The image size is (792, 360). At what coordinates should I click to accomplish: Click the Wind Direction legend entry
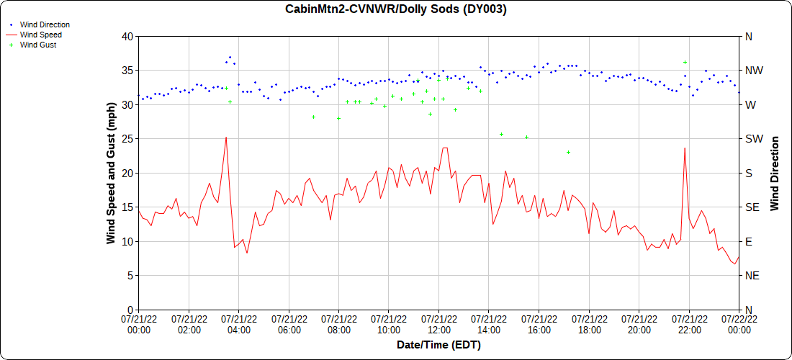click(45, 24)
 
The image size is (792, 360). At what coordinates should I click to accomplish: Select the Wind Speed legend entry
click(40, 35)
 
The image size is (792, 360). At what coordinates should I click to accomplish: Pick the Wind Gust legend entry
click(38, 45)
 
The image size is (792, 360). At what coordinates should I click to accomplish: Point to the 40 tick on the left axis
click(127, 36)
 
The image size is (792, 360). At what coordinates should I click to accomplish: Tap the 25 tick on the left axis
click(127, 138)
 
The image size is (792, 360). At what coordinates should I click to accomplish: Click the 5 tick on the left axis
click(130, 275)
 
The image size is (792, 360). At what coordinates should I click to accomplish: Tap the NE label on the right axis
click(750, 275)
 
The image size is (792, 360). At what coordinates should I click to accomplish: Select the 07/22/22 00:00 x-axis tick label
click(739, 324)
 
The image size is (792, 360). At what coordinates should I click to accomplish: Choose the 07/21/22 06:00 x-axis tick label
click(289, 324)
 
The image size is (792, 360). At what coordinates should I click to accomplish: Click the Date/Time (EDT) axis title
click(438, 345)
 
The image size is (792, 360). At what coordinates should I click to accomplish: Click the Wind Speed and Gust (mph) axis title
click(111, 173)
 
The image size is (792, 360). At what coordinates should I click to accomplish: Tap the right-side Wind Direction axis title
click(775, 173)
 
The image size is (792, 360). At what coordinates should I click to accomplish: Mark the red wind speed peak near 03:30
click(226, 137)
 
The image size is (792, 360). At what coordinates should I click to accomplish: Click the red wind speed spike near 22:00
click(685, 148)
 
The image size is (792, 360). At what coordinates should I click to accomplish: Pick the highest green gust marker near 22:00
click(685, 62)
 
